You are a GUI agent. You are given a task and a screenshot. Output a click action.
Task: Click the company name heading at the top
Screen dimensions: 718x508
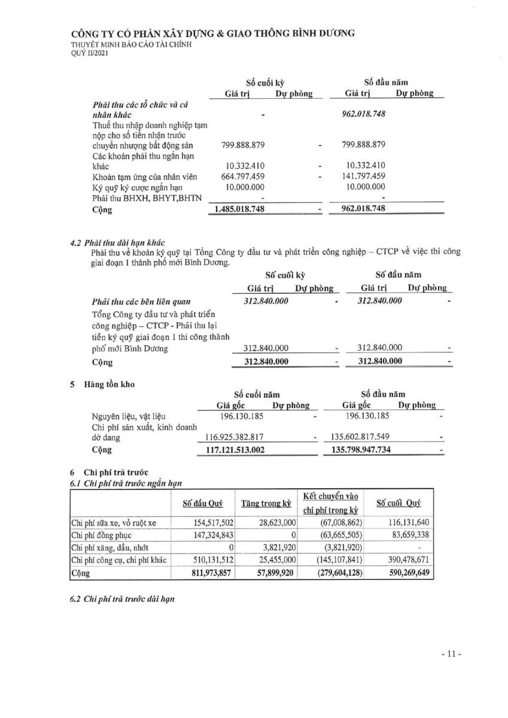coord(212,34)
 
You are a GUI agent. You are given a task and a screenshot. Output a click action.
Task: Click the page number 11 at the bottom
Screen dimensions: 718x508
coord(451,655)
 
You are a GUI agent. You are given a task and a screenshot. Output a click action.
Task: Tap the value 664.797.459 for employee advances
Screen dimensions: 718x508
coord(236,176)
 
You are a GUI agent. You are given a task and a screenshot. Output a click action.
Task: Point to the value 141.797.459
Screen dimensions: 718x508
coord(366,176)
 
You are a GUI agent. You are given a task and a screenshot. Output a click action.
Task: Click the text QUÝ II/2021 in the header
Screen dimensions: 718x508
coord(90,53)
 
